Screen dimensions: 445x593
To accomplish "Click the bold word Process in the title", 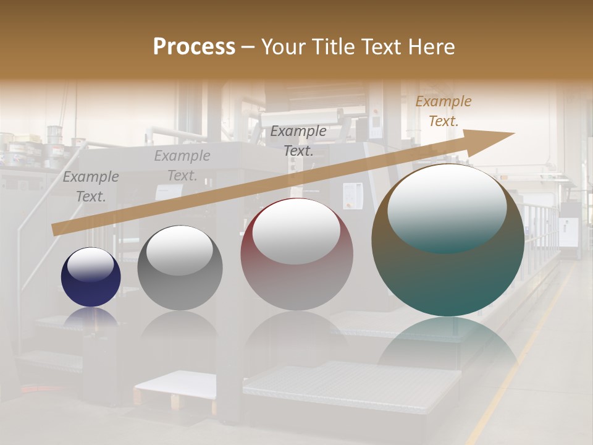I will pyautogui.click(x=194, y=47).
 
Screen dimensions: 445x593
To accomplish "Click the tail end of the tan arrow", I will pyautogui.click(x=56, y=229).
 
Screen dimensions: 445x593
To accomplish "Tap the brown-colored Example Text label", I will pyautogui.click(x=443, y=111).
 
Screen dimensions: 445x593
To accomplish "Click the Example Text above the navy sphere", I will pyautogui.click(x=91, y=187).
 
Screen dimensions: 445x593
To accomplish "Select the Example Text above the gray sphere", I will pyautogui.click(x=182, y=166).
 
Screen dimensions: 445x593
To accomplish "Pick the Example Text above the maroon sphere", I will pyautogui.click(x=298, y=141).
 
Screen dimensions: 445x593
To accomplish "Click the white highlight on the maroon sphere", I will pyautogui.click(x=296, y=232).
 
